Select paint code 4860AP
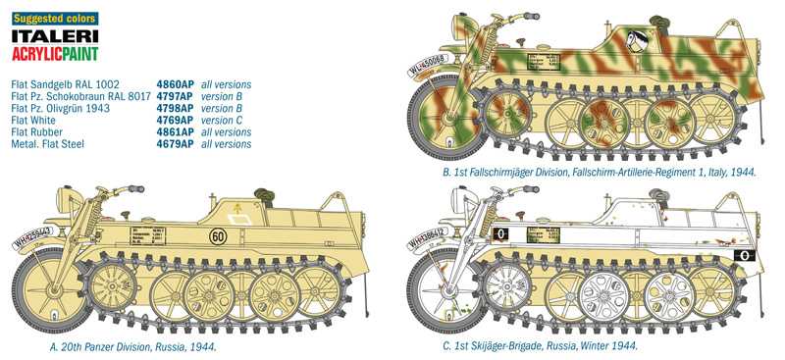[x=174, y=85]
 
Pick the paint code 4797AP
[x=174, y=97]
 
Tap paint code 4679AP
[x=174, y=144]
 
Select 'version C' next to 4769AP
[x=225, y=121]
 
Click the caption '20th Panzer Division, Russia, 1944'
[x=132, y=346]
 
